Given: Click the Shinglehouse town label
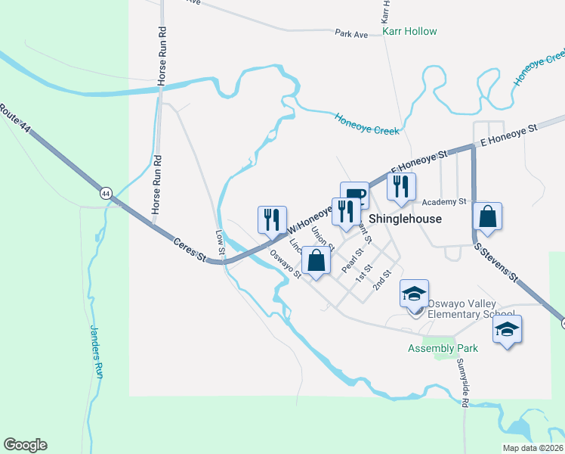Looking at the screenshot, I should [404, 217].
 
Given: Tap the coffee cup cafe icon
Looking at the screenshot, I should [354, 196].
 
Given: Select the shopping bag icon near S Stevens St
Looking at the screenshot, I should [488, 216].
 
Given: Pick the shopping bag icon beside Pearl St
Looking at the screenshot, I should [316, 262].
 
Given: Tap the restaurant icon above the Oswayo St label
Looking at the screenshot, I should [271, 219].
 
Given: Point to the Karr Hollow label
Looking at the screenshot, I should [409, 31].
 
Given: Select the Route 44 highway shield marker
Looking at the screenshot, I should [107, 194].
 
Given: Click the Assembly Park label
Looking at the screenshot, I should [443, 349].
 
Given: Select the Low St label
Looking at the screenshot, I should [221, 242].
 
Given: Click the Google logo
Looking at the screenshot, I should [26, 445].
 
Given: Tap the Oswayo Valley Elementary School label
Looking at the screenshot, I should [471, 309].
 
